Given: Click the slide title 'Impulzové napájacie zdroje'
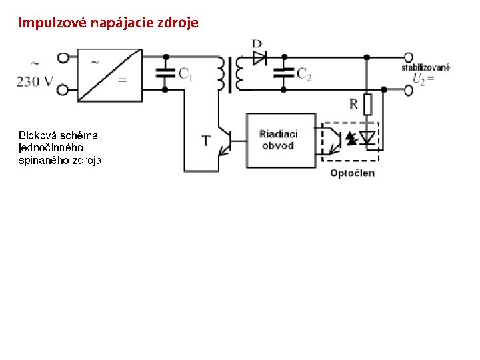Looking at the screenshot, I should (x=108, y=23).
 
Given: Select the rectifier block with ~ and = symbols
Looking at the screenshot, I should (x=110, y=75).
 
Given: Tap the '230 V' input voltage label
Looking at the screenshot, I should (x=35, y=82).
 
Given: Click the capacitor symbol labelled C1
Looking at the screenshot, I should (x=164, y=73).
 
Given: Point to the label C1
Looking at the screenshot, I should (x=185, y=74).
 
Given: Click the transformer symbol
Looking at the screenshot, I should (x=230, y=73).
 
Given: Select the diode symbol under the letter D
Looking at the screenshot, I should (x=259, y=57).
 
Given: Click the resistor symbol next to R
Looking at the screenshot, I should (x=367, y=104).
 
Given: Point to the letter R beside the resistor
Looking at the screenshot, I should (x=354, y=104).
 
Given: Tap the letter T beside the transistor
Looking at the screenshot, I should (x=206, y=141).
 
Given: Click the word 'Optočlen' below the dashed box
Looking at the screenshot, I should (x=353, y=173).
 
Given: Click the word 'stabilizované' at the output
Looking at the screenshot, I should (x=425, y=67).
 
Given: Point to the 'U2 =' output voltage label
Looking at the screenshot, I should (x=423, y=79).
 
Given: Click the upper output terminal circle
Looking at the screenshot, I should (x=408, y=57).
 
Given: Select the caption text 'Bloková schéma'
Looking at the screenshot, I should (x=58, y=135).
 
